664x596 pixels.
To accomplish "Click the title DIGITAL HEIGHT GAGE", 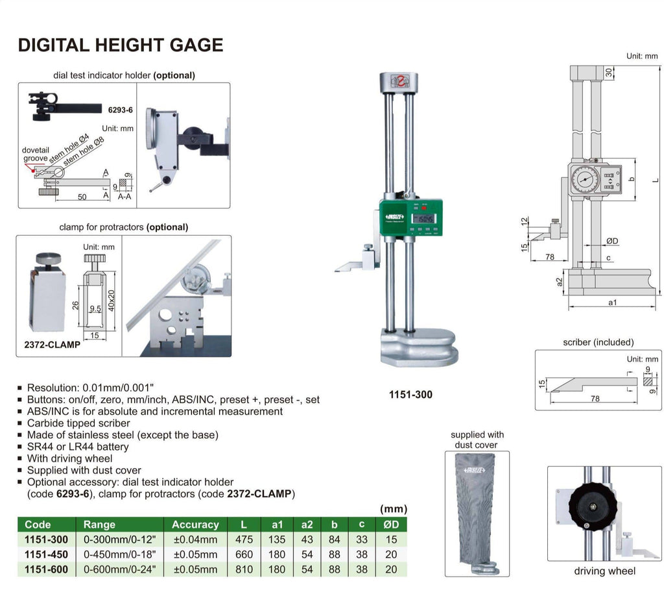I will pos(120,45).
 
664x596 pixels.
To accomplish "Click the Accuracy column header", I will pos(195,525).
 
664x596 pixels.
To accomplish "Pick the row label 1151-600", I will pos(46,569).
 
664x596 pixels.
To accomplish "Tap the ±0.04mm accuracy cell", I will pos(195,540).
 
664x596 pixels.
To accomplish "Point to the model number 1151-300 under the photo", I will pos(411,394).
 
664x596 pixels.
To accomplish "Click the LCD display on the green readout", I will pos(424,219).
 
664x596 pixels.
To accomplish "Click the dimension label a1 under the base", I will pos(611,303).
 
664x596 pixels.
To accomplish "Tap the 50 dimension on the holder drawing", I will pos(82,197).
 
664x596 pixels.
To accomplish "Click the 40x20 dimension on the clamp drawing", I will pos(111,299).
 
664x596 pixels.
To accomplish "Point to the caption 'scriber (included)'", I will pos(599,342).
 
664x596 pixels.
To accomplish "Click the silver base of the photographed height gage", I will pos(418,348).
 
